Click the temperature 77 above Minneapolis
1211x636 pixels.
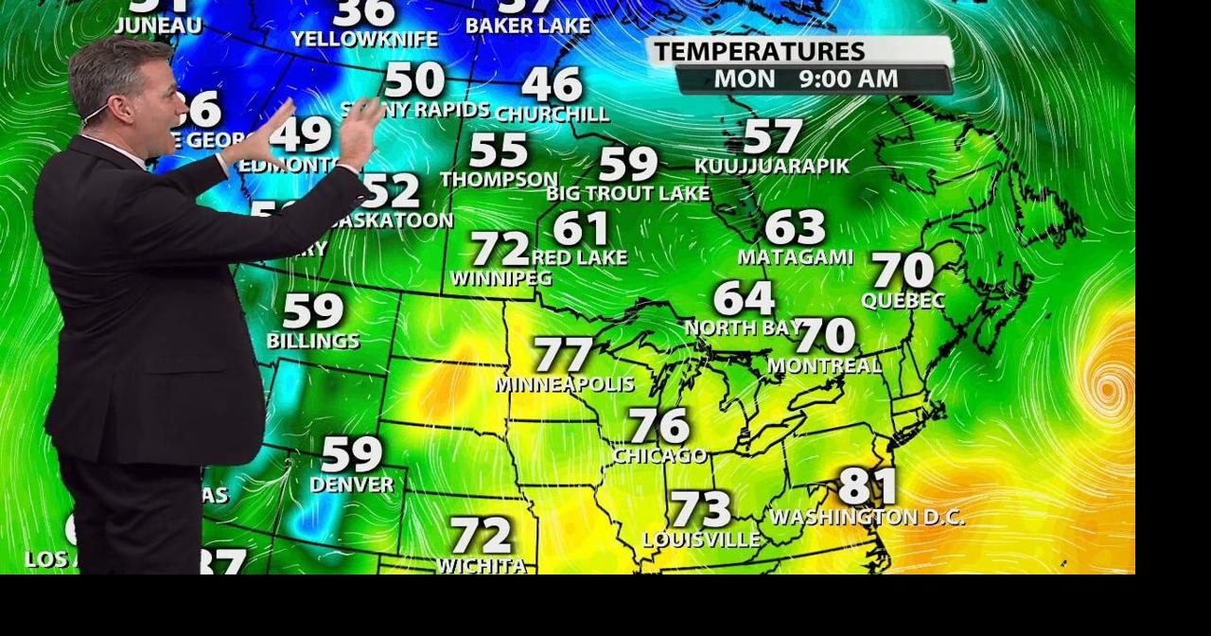564,355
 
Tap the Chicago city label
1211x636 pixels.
659,455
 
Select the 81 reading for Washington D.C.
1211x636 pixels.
868,486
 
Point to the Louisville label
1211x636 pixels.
701,539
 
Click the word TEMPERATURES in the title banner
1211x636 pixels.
759,51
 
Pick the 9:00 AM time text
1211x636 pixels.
849,79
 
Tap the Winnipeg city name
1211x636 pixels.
500,278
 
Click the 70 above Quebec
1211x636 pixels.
903,271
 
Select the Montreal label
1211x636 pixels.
824,364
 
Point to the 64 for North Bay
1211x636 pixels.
744,298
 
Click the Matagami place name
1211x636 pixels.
796,256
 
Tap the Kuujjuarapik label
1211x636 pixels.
772,166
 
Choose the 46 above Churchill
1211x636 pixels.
552,84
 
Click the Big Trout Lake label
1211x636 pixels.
628,193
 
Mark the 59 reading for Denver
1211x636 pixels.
352,454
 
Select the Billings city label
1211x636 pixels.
313,340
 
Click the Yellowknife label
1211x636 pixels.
364,39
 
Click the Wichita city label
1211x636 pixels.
482,565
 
